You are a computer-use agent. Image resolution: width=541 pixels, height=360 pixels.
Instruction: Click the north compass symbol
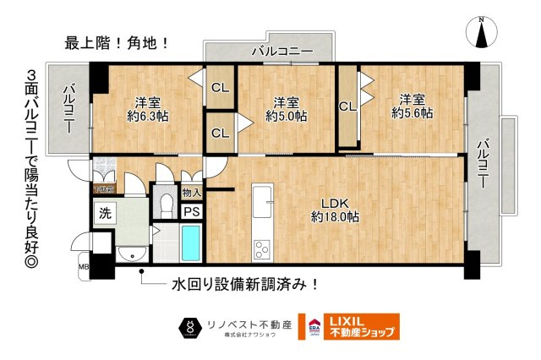click(x=482, y=35)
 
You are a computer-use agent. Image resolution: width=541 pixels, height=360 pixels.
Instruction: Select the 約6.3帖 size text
click(x=148, y=116)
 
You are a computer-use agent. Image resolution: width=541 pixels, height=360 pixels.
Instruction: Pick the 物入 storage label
click(x=191, y=193)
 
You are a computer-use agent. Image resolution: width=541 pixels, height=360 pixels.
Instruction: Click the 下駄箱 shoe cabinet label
click(x=103, y=188)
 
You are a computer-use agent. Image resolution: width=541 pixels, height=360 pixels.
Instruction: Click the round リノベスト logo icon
click(x=190, y=326)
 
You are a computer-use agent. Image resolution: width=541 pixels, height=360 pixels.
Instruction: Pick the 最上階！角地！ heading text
click(x=117, y=40)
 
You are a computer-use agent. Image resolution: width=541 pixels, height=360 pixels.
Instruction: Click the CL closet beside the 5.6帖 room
click(x=347, y=107)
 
